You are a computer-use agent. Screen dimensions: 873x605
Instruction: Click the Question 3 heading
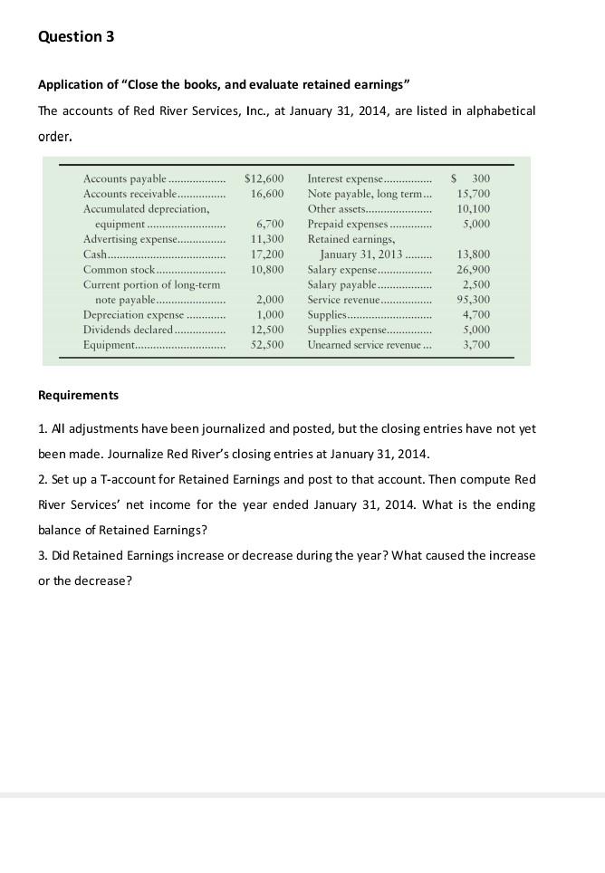click(76, 36)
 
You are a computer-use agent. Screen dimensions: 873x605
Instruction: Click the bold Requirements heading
click(78, 396)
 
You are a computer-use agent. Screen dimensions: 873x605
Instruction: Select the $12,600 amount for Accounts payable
click(264, 178)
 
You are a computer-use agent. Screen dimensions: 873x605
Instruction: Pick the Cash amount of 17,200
click(267, 254)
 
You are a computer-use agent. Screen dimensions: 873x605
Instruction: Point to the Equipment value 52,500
click(267, 345)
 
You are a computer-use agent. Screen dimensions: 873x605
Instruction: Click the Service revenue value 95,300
click(474, 300)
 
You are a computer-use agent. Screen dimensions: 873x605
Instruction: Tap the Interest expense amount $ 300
click(471, 178)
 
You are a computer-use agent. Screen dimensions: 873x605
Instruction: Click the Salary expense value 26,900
click(474, 270)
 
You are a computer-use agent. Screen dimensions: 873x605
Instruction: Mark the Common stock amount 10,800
click(267, 270)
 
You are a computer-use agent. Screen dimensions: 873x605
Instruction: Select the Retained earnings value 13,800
click(474, 254)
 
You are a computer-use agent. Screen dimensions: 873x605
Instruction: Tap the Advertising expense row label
click(128, 239)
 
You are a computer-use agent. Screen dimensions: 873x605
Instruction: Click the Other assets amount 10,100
click(474, 209)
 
